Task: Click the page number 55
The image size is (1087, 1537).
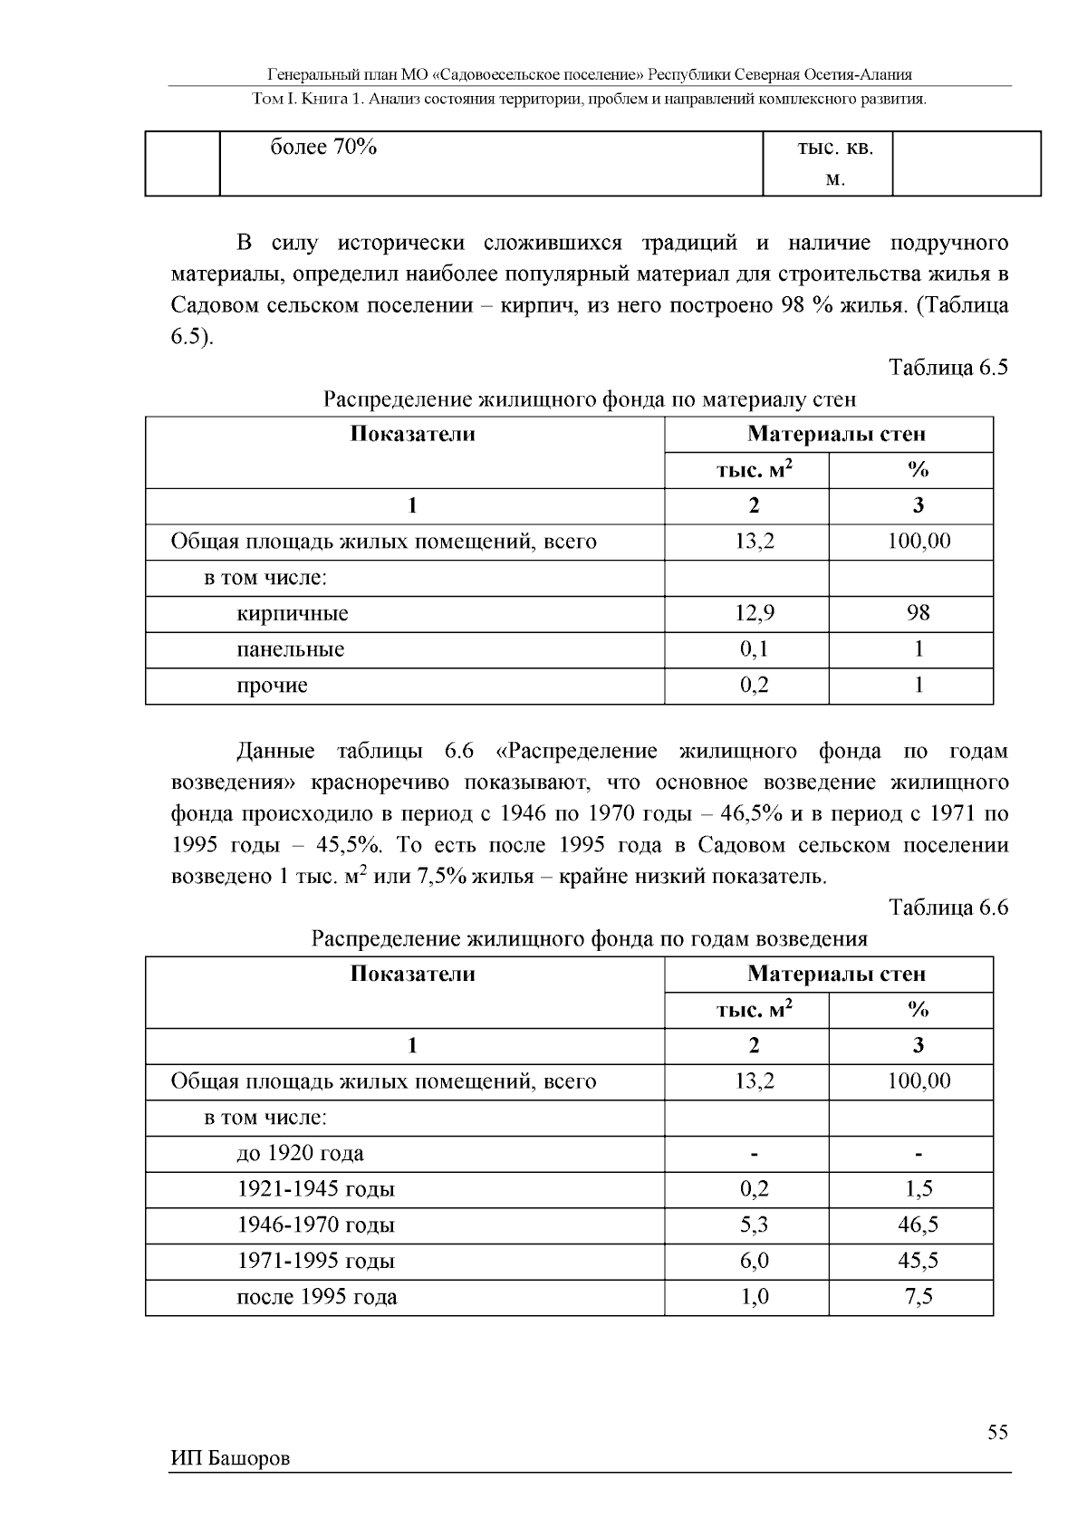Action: click(997, 1432)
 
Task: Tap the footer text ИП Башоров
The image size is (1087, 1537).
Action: click(230, 1459)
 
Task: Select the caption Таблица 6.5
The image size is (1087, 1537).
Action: click(948, 368)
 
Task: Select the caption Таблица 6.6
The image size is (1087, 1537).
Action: click(948, 908)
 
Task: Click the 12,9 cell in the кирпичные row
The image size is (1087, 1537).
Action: click(754, 613)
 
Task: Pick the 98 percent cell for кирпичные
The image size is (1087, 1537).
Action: click(918, 613)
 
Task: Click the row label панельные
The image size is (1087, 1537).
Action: click(290, 649)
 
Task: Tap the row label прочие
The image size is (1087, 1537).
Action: click(272, 686)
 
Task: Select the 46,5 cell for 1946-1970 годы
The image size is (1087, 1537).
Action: click(918, 1225)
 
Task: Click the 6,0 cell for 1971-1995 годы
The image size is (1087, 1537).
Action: click(754, 1261)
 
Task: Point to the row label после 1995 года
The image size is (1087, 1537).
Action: click(316, 1297)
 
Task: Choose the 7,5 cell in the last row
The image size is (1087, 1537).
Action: click(918, 1297)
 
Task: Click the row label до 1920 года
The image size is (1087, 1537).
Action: click(300, 1153)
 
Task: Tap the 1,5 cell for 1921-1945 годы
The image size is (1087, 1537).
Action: click(918, 1189)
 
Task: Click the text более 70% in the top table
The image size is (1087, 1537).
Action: click(323, 148)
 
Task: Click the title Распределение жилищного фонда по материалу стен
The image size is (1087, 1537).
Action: click(589, 399)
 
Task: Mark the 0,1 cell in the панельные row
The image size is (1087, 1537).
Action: click(754, 649)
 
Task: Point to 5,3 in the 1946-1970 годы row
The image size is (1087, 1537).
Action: click(754, 1225)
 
